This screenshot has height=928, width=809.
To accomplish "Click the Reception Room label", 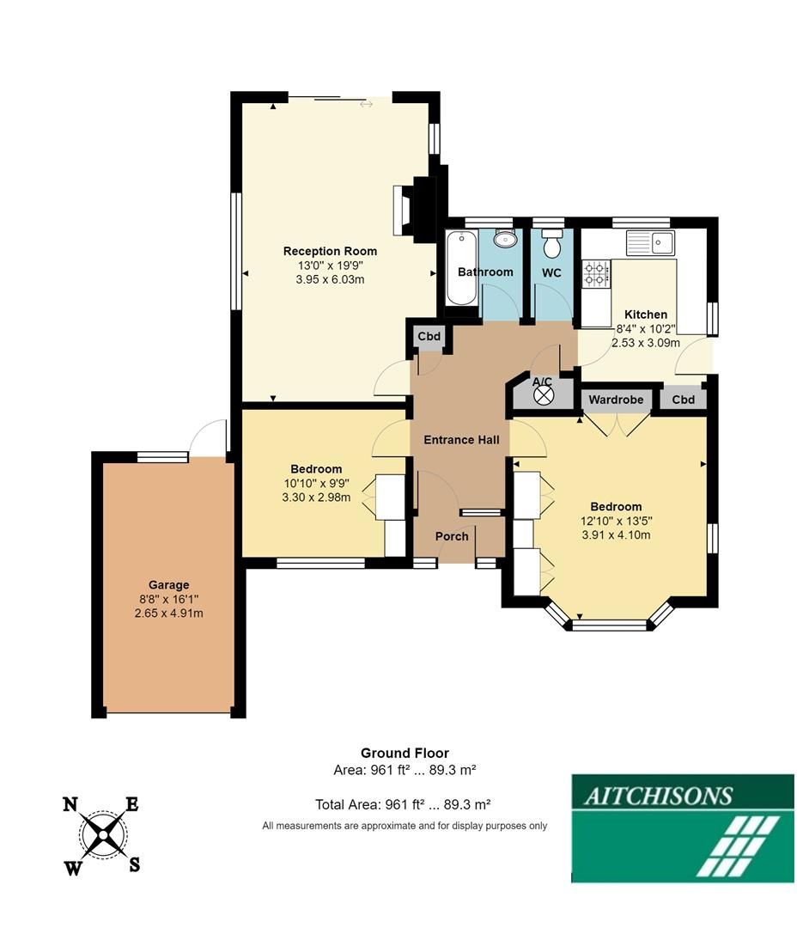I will coord(330,251).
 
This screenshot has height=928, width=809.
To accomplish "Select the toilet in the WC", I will coord(551,244).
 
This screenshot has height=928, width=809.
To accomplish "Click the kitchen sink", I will coord(651,242).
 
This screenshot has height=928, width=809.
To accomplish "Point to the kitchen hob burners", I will coord(595,274).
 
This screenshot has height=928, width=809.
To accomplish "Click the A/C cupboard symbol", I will coord(543,395).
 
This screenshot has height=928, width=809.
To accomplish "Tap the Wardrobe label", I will coord(616,400).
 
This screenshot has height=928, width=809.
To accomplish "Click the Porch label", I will coord(452,536).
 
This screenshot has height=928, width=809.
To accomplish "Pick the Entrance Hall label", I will coord(461,440).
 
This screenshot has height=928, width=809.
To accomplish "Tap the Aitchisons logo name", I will coord(658,795).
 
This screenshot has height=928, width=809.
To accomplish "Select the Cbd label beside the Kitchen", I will coord(684,400).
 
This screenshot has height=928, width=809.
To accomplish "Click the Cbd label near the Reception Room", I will coord(429,336).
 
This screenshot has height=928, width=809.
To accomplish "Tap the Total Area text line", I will coord(403,805).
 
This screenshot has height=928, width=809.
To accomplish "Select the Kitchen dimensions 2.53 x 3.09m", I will coord(645,343).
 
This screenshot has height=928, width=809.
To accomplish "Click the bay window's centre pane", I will coord(610,626).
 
